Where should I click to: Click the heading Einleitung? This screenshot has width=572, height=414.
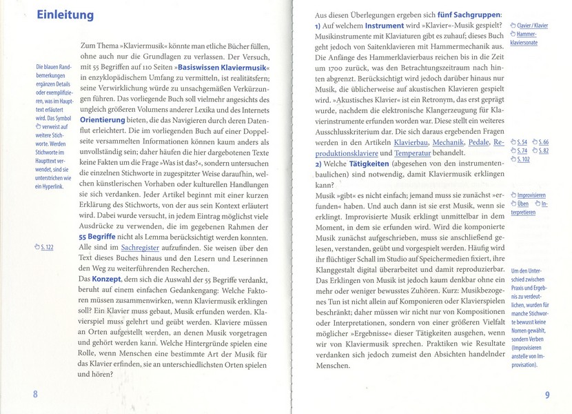tap(65, 14)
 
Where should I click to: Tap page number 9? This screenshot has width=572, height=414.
tap(547, 395)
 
